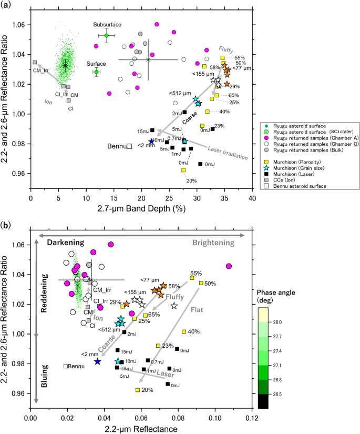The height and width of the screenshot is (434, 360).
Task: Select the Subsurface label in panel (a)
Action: [107, 25]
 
